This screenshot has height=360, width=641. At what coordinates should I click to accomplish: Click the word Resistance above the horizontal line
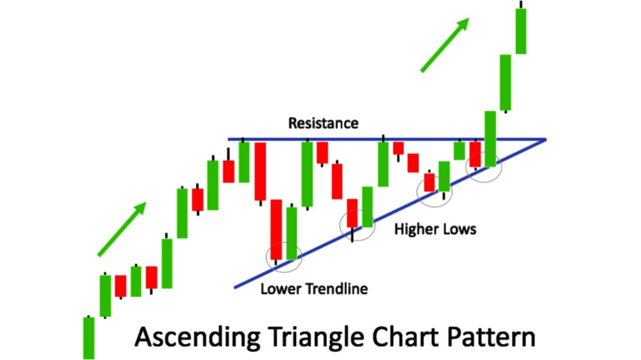324,123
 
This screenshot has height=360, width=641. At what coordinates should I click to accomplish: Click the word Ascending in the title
197,337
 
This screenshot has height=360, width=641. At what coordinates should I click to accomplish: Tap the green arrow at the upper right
445,44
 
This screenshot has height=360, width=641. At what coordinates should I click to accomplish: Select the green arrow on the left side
122,229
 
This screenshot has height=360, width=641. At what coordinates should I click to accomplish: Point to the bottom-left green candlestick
89,338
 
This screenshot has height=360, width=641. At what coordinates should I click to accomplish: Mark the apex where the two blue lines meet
546,140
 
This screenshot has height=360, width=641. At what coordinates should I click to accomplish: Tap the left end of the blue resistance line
228,140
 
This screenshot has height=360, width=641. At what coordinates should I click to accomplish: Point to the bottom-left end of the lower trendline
235,287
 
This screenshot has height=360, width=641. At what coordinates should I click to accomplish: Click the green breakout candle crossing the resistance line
491,139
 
